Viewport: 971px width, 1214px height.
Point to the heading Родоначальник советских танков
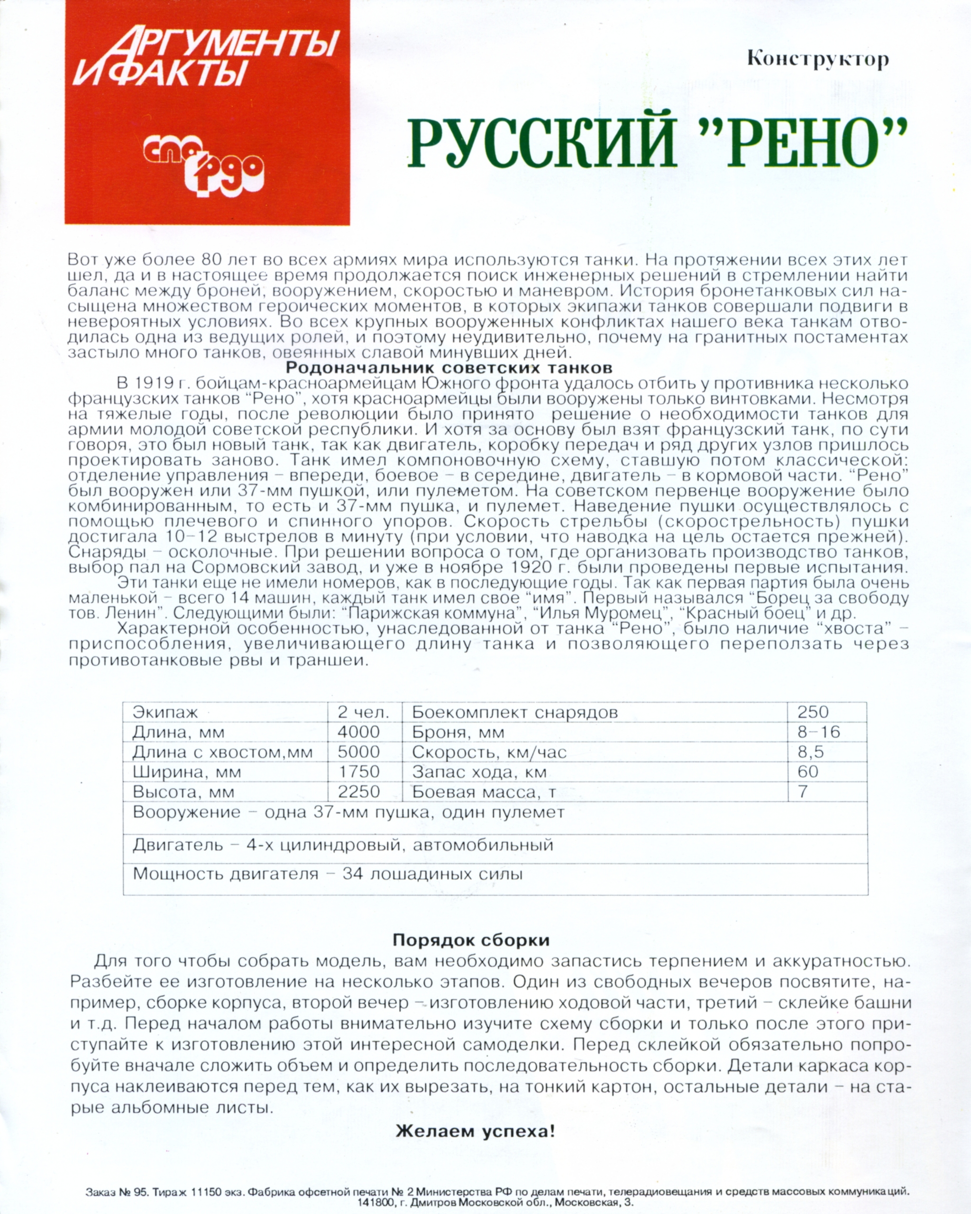point(449,368)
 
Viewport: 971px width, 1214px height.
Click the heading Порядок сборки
point(471,940)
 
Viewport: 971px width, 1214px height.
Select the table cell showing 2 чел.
point(363,712)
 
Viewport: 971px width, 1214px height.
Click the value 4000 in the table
point(358,732)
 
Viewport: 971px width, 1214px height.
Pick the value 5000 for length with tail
point(358,752)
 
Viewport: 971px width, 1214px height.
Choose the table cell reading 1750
point(358,772)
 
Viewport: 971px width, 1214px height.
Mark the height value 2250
point(358,791)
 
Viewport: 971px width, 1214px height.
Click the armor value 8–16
point(818,732)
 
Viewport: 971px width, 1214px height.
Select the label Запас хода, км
point(480,772)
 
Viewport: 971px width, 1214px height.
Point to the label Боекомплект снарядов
point(514,712)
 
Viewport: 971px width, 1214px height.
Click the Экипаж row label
point(165,712)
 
